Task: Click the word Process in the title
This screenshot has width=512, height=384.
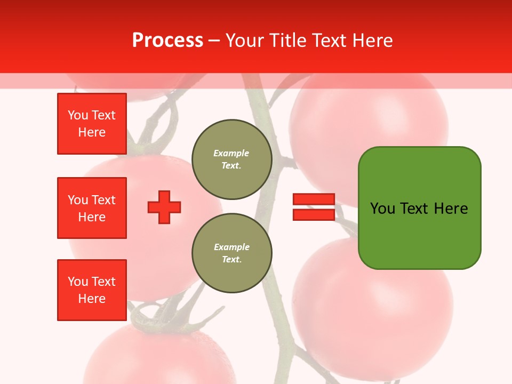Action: [167, 41]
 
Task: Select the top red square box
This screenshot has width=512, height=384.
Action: [92, 124]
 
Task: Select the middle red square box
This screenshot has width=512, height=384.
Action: [92, 208]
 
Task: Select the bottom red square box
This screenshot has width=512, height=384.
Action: [92, 290]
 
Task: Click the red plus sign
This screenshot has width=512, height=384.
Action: [164, 207]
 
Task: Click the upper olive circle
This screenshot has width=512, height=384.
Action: [232, 159]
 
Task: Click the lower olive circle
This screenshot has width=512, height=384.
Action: [232, 253]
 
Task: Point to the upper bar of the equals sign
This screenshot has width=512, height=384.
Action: [314, 199]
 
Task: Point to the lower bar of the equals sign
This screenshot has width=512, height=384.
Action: [314, 214]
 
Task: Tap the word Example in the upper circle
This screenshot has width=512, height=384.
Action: [231, 153]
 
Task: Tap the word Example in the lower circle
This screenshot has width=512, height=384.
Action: [231, 247]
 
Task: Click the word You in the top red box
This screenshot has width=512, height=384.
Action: [78, 115]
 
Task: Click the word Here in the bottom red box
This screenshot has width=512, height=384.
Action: [92, 299]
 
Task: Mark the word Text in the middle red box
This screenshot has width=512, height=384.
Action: [103, 200]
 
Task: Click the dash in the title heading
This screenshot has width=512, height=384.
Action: [214, 41]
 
